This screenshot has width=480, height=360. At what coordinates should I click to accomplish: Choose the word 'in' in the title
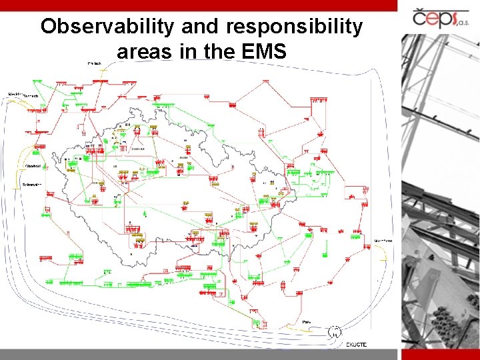pos(185,51)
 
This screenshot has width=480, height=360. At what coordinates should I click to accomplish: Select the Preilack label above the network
pos(94,63)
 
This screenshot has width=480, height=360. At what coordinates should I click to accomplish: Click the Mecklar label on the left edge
pos(15,94)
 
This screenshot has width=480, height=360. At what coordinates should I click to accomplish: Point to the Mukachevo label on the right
pos(383,240)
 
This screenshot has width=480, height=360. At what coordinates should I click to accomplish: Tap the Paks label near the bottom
pos(306,321)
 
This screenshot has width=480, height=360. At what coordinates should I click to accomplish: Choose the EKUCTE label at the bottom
pos(356,344)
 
